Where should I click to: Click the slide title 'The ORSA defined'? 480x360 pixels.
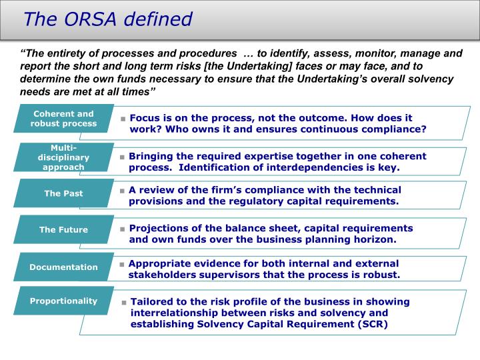[107, 19]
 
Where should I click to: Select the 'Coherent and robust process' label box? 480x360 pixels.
[64, 119]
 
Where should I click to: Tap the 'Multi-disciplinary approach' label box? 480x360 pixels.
[64, 157]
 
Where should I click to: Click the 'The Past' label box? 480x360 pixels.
[64, 193]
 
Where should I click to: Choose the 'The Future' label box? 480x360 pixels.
[64, 230]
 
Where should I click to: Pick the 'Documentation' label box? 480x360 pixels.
[64, 267]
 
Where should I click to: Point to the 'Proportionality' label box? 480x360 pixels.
[64, 301]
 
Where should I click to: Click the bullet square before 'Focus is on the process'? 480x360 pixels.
[123, 119]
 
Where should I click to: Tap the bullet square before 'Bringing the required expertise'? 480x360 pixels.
[123, 157]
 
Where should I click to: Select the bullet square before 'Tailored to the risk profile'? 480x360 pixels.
[124, 302]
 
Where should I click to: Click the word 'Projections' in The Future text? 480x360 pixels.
[158, 227]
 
